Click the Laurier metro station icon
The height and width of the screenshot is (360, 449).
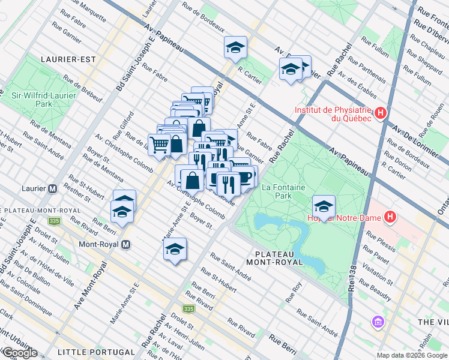(x=53, y=188)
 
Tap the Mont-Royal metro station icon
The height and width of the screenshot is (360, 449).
(x=126, y=244)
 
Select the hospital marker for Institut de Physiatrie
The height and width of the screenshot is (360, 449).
(x=379, y=113)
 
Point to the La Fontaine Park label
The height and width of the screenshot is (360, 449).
(x=276, y=191)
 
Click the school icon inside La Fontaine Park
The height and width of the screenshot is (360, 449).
(x=323, y=207)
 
